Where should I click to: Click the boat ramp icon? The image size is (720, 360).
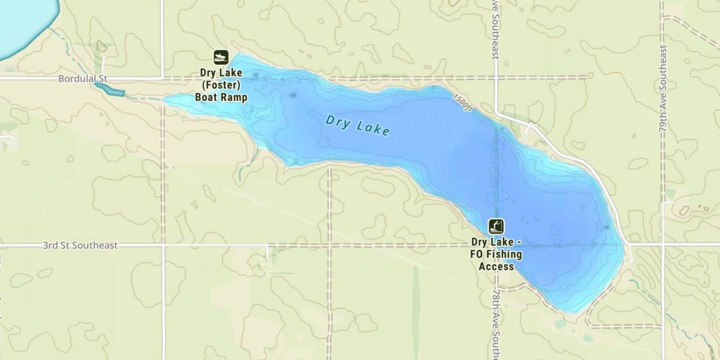click(221, 57)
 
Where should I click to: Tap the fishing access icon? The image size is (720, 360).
click(496, 226)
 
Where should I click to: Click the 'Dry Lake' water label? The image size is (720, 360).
click(357, 125)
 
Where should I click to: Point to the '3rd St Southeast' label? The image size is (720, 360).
click(80, 245)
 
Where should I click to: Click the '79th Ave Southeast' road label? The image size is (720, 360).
click(663, 88)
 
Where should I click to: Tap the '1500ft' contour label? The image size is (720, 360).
click(463, 102)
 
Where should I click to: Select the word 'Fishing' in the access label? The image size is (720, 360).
click(504, 254)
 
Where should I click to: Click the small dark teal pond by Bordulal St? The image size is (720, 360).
click(109, 89)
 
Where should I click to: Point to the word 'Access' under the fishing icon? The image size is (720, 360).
click(496, 266)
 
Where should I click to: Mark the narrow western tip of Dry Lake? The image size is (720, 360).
click(175, 100)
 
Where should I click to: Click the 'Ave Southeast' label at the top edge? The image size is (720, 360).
click(496, 29)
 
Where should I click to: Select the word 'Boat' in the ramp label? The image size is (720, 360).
click(205, 97)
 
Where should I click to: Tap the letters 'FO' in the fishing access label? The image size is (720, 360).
click(477, 254)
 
